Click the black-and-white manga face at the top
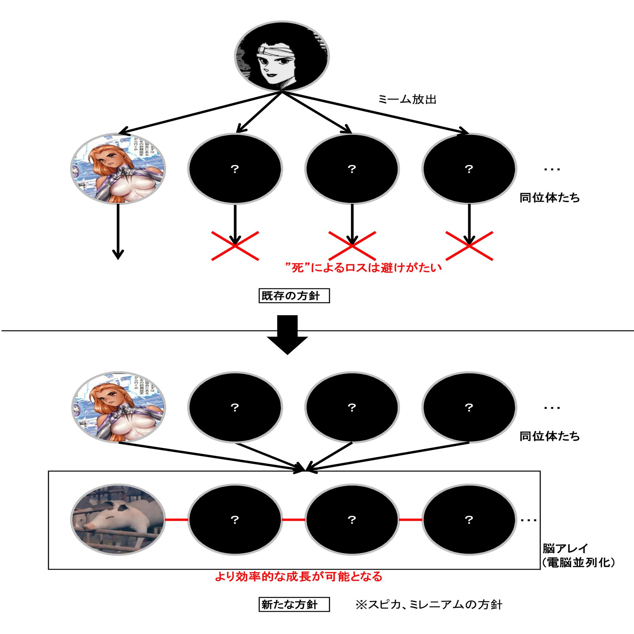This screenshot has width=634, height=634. tap(281, 56)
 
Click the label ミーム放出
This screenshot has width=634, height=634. tap(407, 99)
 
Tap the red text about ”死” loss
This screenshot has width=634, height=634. tap(364, 268)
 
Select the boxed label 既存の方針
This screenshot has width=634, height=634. tap(294, 296)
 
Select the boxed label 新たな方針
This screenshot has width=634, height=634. tap(294, 605)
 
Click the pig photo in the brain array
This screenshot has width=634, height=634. tap(118, 520)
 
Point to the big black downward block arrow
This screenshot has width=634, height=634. tap(287, 334)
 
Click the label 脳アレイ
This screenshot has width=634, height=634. tap(566, 548)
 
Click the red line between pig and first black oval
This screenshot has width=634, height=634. tap(177, 520)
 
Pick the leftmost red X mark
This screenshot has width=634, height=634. tap(235, 245)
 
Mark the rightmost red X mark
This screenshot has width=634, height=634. tap(469, 245)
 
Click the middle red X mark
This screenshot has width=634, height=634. tap(352, 245)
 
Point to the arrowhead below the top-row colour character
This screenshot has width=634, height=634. tap(118, 254)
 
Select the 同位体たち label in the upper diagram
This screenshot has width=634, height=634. tap(550, 198)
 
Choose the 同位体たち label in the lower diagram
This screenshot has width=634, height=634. tap(550, 437)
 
